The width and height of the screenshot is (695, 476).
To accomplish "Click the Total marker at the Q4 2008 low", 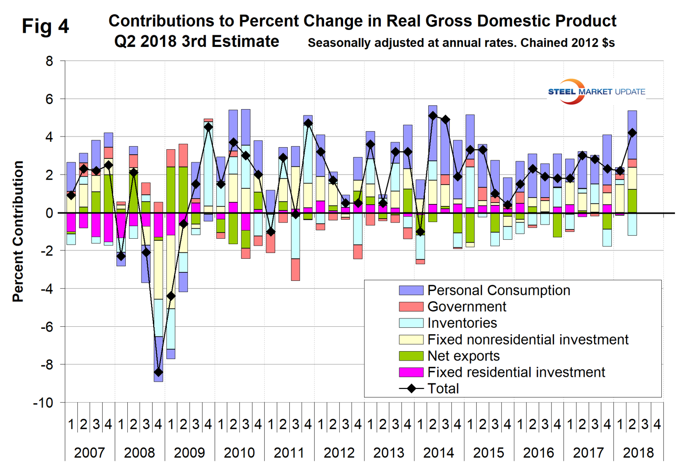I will (158, 372).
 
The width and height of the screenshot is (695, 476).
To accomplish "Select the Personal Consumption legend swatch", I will (411, 290).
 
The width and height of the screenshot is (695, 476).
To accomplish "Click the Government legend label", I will (466, 307).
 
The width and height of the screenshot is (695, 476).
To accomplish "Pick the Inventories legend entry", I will (462, 323).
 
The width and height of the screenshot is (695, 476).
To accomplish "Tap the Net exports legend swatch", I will (411, 356).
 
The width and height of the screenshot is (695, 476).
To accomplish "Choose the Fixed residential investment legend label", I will (516, 372).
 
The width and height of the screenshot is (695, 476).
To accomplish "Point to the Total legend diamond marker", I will (412, 388).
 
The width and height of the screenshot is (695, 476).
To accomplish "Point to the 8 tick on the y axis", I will (49, 61).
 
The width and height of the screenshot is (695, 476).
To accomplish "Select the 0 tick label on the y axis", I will (49, 213).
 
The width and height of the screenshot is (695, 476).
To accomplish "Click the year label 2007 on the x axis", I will (89, 453).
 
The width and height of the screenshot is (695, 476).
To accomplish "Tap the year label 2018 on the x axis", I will (638, 453).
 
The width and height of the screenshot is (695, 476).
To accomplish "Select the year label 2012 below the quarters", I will (339, 453).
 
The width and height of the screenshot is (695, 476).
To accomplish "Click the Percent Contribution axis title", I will (18, 231).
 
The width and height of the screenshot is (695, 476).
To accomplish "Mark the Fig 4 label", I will (46, 26).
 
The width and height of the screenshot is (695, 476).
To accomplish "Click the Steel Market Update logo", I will (596, 91).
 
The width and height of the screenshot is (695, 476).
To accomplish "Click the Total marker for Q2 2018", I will (632, 133).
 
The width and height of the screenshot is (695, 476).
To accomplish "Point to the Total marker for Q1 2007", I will (71, 195).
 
